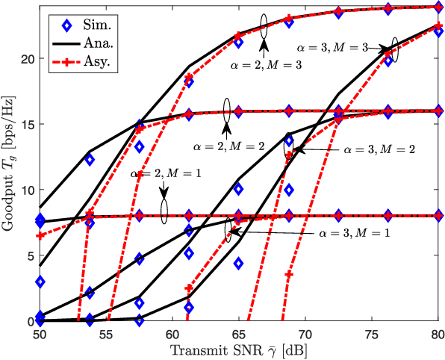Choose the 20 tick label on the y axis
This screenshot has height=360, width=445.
28,59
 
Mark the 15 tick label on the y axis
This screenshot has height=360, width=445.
28,124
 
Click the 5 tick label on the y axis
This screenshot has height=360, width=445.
31,255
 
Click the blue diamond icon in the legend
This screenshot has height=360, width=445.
66,25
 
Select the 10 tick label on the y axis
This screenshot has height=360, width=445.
28,190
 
